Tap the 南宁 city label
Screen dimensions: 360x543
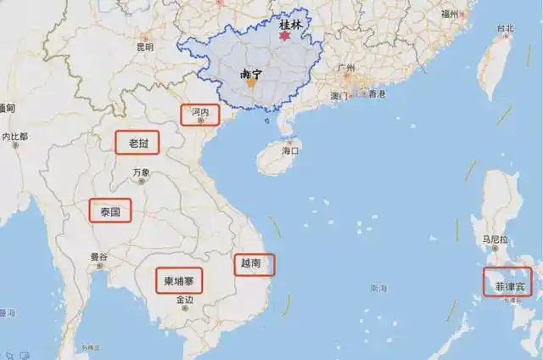250,75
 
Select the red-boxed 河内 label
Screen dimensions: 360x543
201,113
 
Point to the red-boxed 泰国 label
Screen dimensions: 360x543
110,210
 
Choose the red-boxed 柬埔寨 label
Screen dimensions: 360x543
178,280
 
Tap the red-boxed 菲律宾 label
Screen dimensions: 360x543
509,282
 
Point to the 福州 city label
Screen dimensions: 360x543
450,14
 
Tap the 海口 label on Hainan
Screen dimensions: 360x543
290,150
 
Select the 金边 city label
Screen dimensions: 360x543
184,300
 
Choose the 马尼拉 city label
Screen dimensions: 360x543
495,239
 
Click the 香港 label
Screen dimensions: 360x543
375,93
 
